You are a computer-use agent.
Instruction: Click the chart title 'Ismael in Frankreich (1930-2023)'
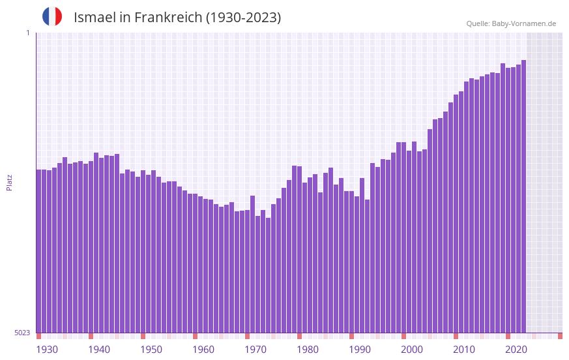coord(177,18)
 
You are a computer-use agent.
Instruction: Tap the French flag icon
coord(52,16)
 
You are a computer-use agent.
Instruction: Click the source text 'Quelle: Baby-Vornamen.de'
coord(511,23)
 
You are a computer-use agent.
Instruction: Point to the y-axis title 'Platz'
coord(9,182)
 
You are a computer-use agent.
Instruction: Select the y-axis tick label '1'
coord(27,33)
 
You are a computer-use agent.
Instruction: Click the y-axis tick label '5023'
coord(22,333)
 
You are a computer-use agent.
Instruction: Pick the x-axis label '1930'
coord(47,350)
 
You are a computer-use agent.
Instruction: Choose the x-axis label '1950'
coord(151,350)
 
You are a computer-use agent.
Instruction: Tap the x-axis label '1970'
coord(255,350)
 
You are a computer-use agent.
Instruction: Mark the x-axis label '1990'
coord(360,350)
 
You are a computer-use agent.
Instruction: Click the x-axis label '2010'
coord(464,350)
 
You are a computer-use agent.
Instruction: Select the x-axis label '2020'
coord(516,350)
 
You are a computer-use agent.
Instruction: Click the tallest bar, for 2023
coord(523,196)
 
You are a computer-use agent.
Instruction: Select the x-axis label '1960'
coord(203,350)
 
